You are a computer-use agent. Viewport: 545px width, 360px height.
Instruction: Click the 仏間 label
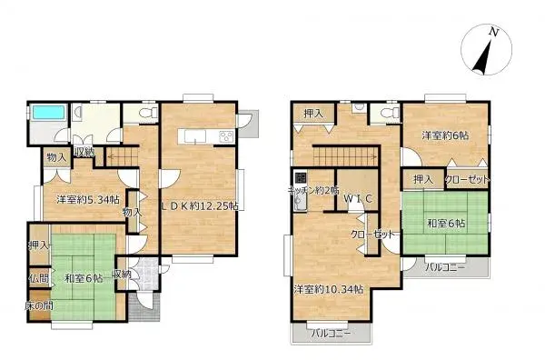(x=37, y=276)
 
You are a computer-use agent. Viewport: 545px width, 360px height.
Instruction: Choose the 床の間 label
(x=37, y=305)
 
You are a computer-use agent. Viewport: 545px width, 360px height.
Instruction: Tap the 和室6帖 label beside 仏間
(x=83, y=277)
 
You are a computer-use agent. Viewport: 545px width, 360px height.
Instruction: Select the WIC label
(x=349, y=198)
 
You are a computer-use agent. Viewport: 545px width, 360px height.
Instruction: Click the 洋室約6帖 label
(x=444, y=135)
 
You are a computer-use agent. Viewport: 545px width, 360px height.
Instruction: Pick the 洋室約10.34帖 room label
(x=328, y=289)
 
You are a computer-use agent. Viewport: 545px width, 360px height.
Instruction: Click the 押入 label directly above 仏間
(x=37, y=245)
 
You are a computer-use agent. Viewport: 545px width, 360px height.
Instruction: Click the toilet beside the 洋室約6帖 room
(x=391, y=112)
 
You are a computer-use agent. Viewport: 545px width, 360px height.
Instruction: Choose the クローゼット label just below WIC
(x=375, y=235)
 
